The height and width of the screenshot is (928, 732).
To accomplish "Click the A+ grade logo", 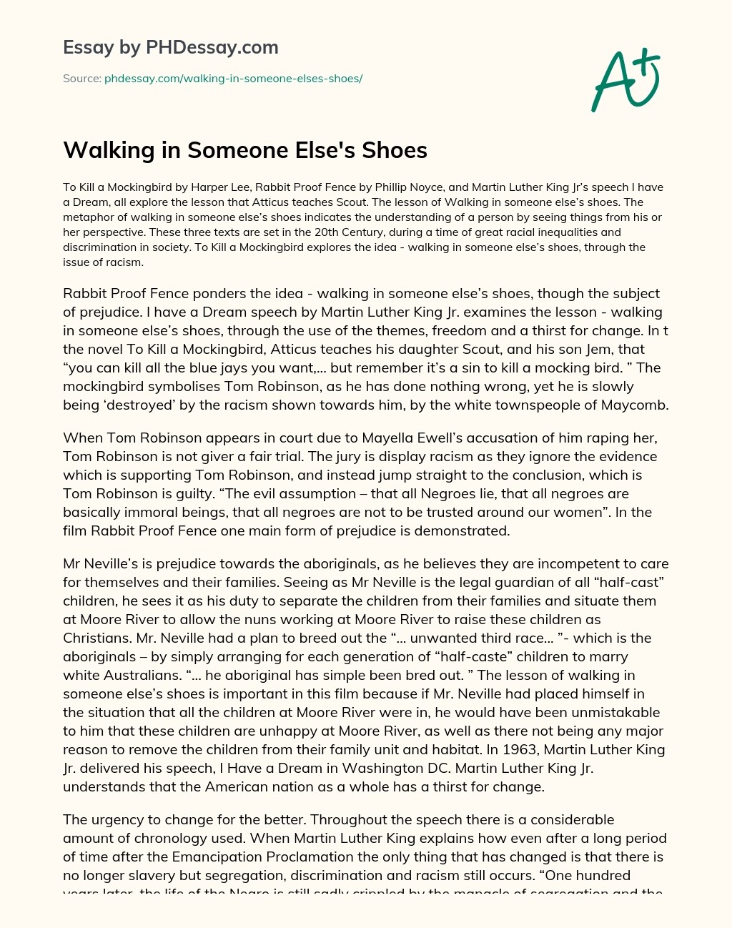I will [625, 79].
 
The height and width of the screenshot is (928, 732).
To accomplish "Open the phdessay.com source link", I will [233, 79].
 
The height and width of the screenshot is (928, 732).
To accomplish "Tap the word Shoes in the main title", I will [395, 150].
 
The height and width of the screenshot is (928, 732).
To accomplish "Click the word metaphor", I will [86, 217].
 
